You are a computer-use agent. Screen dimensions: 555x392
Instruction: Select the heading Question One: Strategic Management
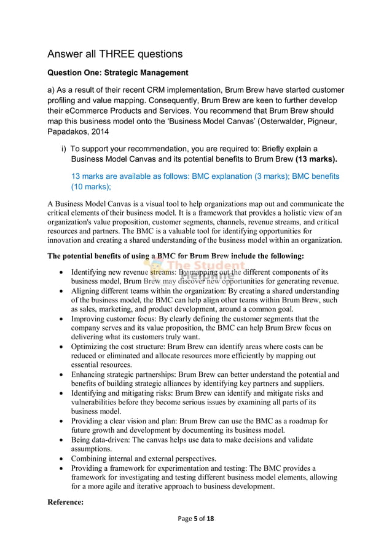118,74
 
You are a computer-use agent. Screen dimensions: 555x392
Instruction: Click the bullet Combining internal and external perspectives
143,459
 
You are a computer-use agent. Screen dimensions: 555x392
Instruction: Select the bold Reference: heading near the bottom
66,502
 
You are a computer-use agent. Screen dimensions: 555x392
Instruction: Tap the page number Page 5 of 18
196,519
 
